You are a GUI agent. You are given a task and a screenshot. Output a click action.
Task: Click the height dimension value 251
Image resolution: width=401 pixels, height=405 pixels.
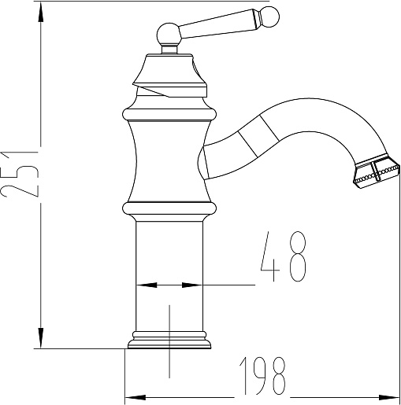[x=20, y=174]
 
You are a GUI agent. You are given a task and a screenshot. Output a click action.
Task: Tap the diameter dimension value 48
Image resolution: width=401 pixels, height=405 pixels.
[x=284, y=256]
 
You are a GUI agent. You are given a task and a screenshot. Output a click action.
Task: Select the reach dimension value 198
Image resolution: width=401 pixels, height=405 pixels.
[x=262, y=376]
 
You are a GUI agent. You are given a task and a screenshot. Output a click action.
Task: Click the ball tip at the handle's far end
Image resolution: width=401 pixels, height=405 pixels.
[x=269, y=17]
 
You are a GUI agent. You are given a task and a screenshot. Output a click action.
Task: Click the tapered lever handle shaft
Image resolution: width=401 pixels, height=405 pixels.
[x=217, y=24]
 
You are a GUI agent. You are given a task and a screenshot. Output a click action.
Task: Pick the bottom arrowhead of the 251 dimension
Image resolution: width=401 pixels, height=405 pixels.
[x=40, y=337]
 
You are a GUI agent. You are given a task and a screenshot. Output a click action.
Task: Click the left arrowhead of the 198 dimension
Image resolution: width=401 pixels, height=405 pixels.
[x=136, y=397]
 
